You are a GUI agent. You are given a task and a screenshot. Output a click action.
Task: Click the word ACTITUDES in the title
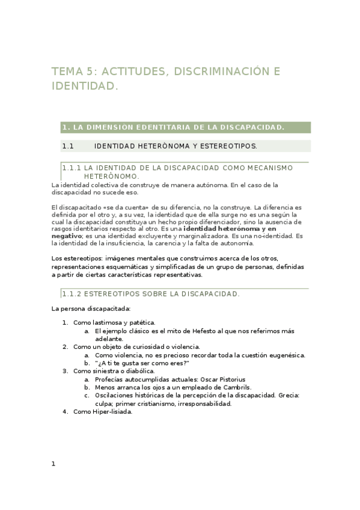click(x=134, y=72)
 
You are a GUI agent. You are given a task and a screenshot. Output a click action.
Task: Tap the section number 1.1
click(x=67, y=146)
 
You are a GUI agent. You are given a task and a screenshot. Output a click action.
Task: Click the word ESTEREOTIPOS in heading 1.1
click(x=229, y=146)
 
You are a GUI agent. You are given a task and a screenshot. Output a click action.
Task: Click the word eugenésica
click(x=285, y=355)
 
